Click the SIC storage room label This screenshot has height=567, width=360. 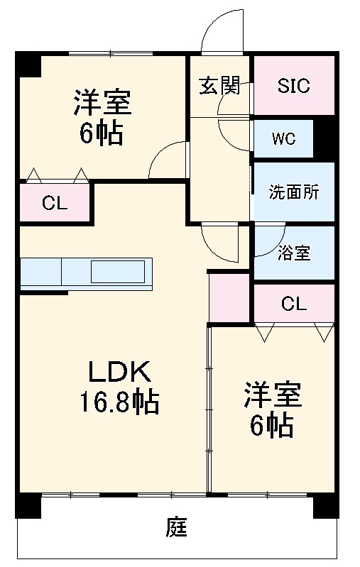pyautogui.click(x=293, y=86)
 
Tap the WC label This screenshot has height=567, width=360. pyautogui.click(x=284, y=138)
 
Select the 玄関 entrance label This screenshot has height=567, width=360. pyautogui.click(x=219, y=86)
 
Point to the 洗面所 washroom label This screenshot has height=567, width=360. pyautogui.click(x=293, y=192)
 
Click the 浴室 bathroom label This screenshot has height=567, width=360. pyautogui.click(x=294, y=253)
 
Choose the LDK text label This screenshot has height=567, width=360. pyautogui.click(x=119, y=372)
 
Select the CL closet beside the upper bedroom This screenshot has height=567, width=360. pyautogui.click(x=54, y=204)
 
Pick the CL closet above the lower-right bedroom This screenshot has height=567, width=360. pyautogui.click(x=293, y=304)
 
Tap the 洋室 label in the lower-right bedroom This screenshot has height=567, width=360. pyautogui.click(x=273, y=395)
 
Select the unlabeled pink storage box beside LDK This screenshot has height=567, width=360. pyautogui.click(x=229, y=296)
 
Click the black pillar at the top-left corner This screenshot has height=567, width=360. pyautogui.click(x=28, y=65)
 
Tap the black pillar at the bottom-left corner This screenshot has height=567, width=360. pyautogui.click(x=28, y=505)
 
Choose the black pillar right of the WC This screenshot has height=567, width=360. pyautogui.click(x=324, y=138)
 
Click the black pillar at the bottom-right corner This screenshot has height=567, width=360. pyautogui.click(x=324, y=505)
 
